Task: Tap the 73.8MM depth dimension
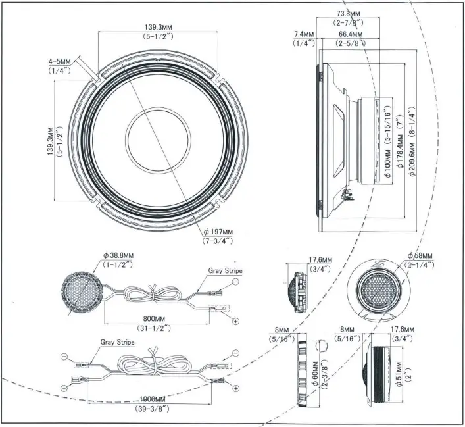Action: click(349, 14)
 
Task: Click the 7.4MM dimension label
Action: click(303, 34)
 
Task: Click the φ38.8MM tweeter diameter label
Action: click(118, 255)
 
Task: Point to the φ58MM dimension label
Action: click(418, 255)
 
